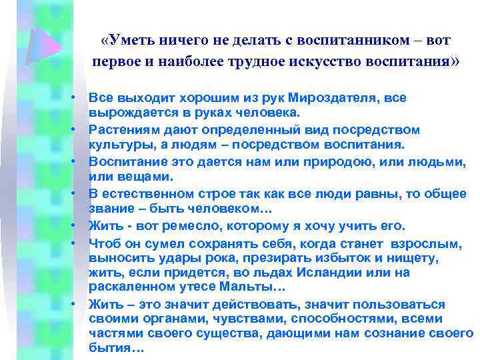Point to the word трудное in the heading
257,63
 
